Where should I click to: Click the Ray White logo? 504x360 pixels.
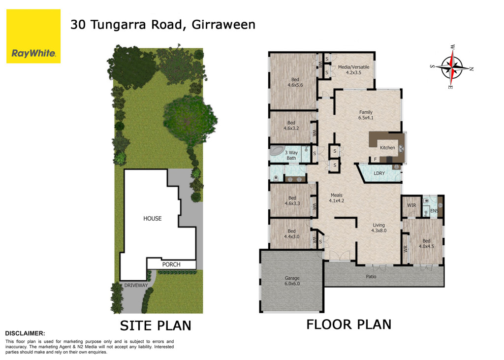33,36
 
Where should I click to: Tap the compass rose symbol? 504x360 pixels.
452,67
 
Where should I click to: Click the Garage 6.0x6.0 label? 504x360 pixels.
292,281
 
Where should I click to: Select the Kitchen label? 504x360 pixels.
387,148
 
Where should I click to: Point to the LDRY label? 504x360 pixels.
379,173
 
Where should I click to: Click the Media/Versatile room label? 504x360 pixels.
353,70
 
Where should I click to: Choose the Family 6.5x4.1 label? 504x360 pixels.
366,115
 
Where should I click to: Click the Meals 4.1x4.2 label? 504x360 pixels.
337,198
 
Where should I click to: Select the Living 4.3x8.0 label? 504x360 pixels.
378,228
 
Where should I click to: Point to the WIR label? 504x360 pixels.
411,205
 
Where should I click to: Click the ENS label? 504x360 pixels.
434,211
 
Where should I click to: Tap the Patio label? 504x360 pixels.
371,277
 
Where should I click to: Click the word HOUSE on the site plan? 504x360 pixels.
153,219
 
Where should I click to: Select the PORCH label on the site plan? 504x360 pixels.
171,264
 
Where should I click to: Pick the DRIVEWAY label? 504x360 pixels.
136,285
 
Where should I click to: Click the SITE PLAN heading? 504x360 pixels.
156,326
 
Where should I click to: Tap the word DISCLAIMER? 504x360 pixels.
25,333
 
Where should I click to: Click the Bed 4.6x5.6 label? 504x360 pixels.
295,82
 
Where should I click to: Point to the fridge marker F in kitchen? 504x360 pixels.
375,159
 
